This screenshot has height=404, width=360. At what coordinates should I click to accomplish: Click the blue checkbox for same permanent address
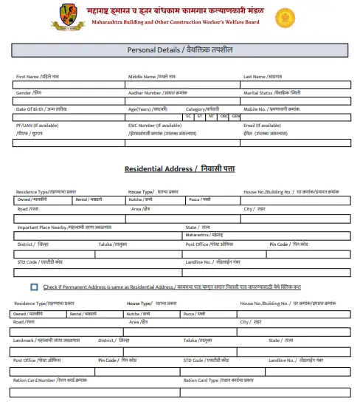pyautogui.click(x=35, y=287)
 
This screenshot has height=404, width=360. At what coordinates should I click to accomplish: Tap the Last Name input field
pyautogui.click(x=294, y=84)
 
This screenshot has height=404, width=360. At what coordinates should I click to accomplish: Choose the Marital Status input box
pyautogui.click(x=294, y=100)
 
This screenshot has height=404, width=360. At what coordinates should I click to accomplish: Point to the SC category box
pyautogui.click(x=189, y=116)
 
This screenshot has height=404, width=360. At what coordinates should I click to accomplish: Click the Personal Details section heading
pyautogui.click(x=179, y=50)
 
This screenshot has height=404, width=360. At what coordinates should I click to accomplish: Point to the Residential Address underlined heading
pyautogui.click(x=179, y=169)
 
